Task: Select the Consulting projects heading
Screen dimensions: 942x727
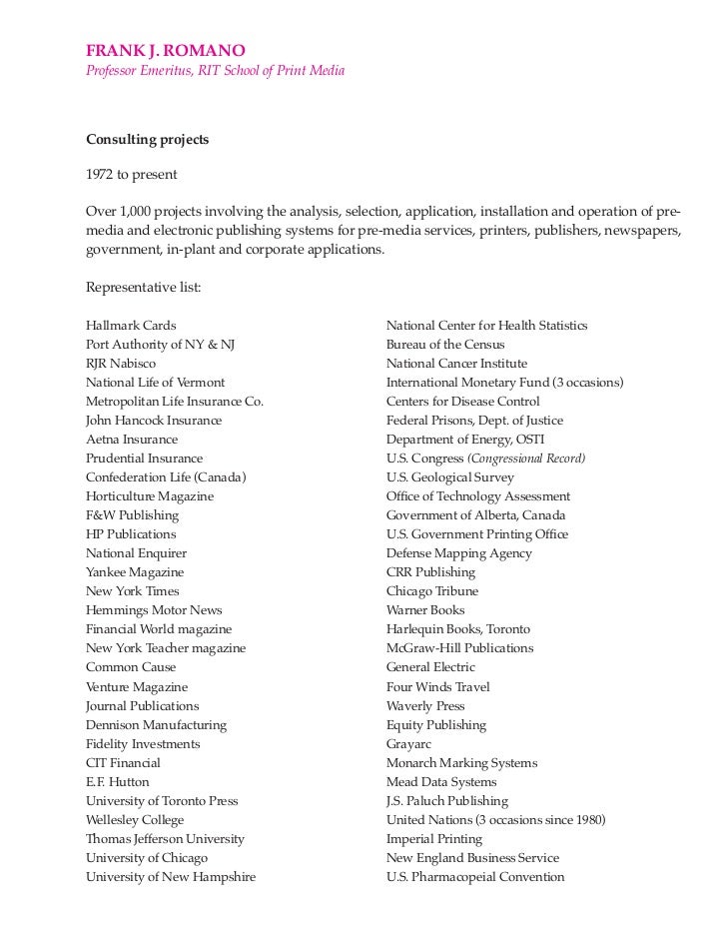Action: pos(147,140)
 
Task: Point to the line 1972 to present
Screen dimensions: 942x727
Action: pos(131,175)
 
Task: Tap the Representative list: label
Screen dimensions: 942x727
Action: pos(143,288)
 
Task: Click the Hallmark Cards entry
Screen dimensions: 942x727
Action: pos(131,326)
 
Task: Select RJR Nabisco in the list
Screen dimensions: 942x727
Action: pos(121,364)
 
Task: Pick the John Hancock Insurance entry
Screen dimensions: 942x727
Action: pos(154,421)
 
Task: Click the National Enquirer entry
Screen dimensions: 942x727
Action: pos(136,553)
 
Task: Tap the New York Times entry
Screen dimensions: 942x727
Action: pos(133,591)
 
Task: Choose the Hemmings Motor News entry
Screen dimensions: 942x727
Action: pos(154,610)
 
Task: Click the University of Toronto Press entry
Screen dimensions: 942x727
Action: pos(162,801)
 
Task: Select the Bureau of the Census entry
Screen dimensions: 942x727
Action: pos(445,345)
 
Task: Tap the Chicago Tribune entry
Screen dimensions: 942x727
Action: pos(432,591)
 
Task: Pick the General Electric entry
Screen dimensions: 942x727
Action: pos(430,667)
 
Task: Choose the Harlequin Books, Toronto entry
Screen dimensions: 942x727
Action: pos(458,629)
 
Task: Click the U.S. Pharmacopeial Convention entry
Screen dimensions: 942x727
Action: pos(475,877)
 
